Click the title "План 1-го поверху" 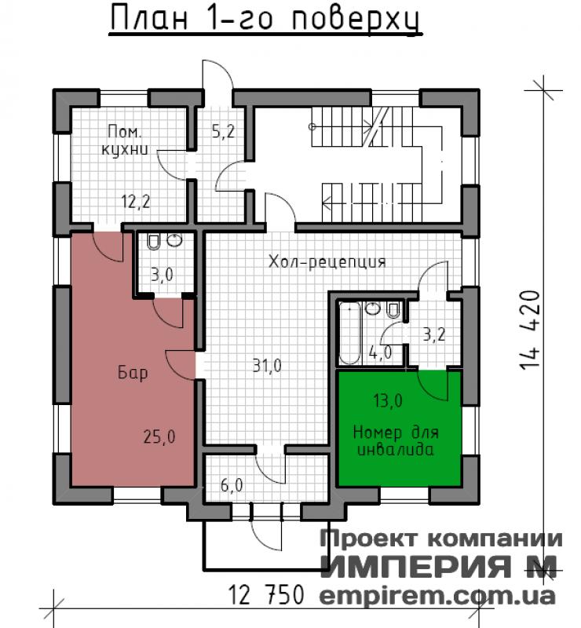(x=265, y=19)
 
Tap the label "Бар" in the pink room (x=133, y=372)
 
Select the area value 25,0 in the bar (x=159, y=436)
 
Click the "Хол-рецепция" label (x=327, y=262)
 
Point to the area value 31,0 (x=267, y=366)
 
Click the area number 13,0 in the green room (x=388, y=400)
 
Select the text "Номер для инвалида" (x=396, y=441)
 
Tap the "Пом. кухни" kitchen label (x=125, y=141)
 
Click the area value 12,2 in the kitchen (x=135, y=201)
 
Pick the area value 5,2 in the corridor (x=223, y=131)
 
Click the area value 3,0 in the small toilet (x=162, y=275)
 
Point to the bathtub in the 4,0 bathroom (x=349, y=333)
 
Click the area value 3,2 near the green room (x=434, y=334)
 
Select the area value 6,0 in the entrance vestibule (x=232, y=485)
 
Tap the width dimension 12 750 (x=265, y=594)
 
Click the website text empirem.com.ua (x=437, y=597)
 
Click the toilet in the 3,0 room (x=153, y=242)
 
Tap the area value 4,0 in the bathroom (x=380, y=352)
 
